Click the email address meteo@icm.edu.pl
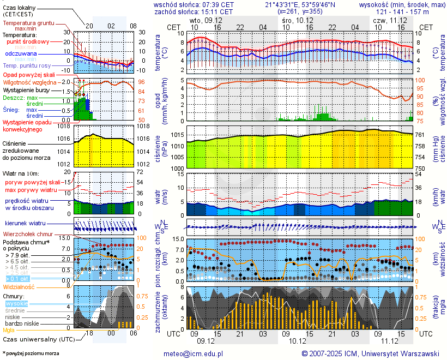pyautogui.click(x=194, y=353)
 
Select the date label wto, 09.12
pyautogui.click(x=202, y=19)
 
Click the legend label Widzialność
pyautogui.click(x=19, y=286)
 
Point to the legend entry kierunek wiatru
pyautogui.click(x=25, y=224)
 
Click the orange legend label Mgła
pyautogui.click(x=9, y=330)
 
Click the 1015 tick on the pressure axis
pyautogui.click(x=177, y=135)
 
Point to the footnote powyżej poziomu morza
pyautogui.click(x=31, y=353)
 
